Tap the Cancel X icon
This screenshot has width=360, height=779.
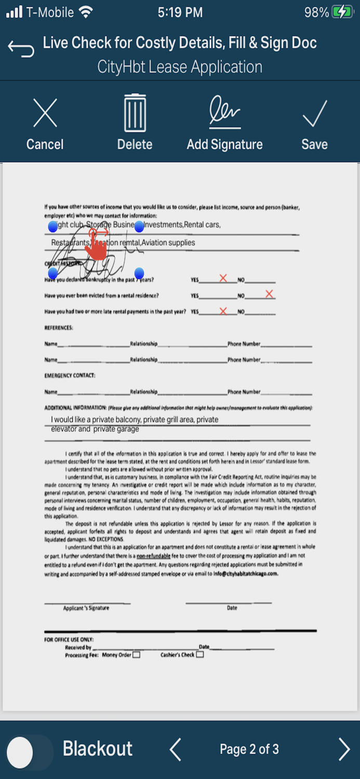[45, 113]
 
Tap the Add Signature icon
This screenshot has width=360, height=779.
[225, 111]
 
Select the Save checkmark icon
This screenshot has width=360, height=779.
[315, 113]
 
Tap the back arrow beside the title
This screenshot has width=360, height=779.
[21, 48]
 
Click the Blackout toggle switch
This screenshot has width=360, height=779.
[29, 751]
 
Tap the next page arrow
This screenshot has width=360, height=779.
[344, 749]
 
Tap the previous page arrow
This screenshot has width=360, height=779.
[176, 749]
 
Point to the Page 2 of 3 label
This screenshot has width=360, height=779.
[249, 749]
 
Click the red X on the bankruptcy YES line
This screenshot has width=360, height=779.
[223, 278]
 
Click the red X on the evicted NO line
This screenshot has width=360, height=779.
[269, 294]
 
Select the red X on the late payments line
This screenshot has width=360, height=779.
[223, 311]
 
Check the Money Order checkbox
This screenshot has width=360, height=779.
[136, 655]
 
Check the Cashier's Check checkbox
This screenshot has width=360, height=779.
[200, 655]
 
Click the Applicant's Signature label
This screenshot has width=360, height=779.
[86, 608]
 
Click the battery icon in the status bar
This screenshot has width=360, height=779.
[343, 12]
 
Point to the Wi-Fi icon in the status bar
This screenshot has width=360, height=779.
[85, 12]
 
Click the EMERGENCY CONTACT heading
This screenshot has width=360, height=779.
[70, 375]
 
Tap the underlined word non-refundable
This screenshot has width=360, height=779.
[153, 556]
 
